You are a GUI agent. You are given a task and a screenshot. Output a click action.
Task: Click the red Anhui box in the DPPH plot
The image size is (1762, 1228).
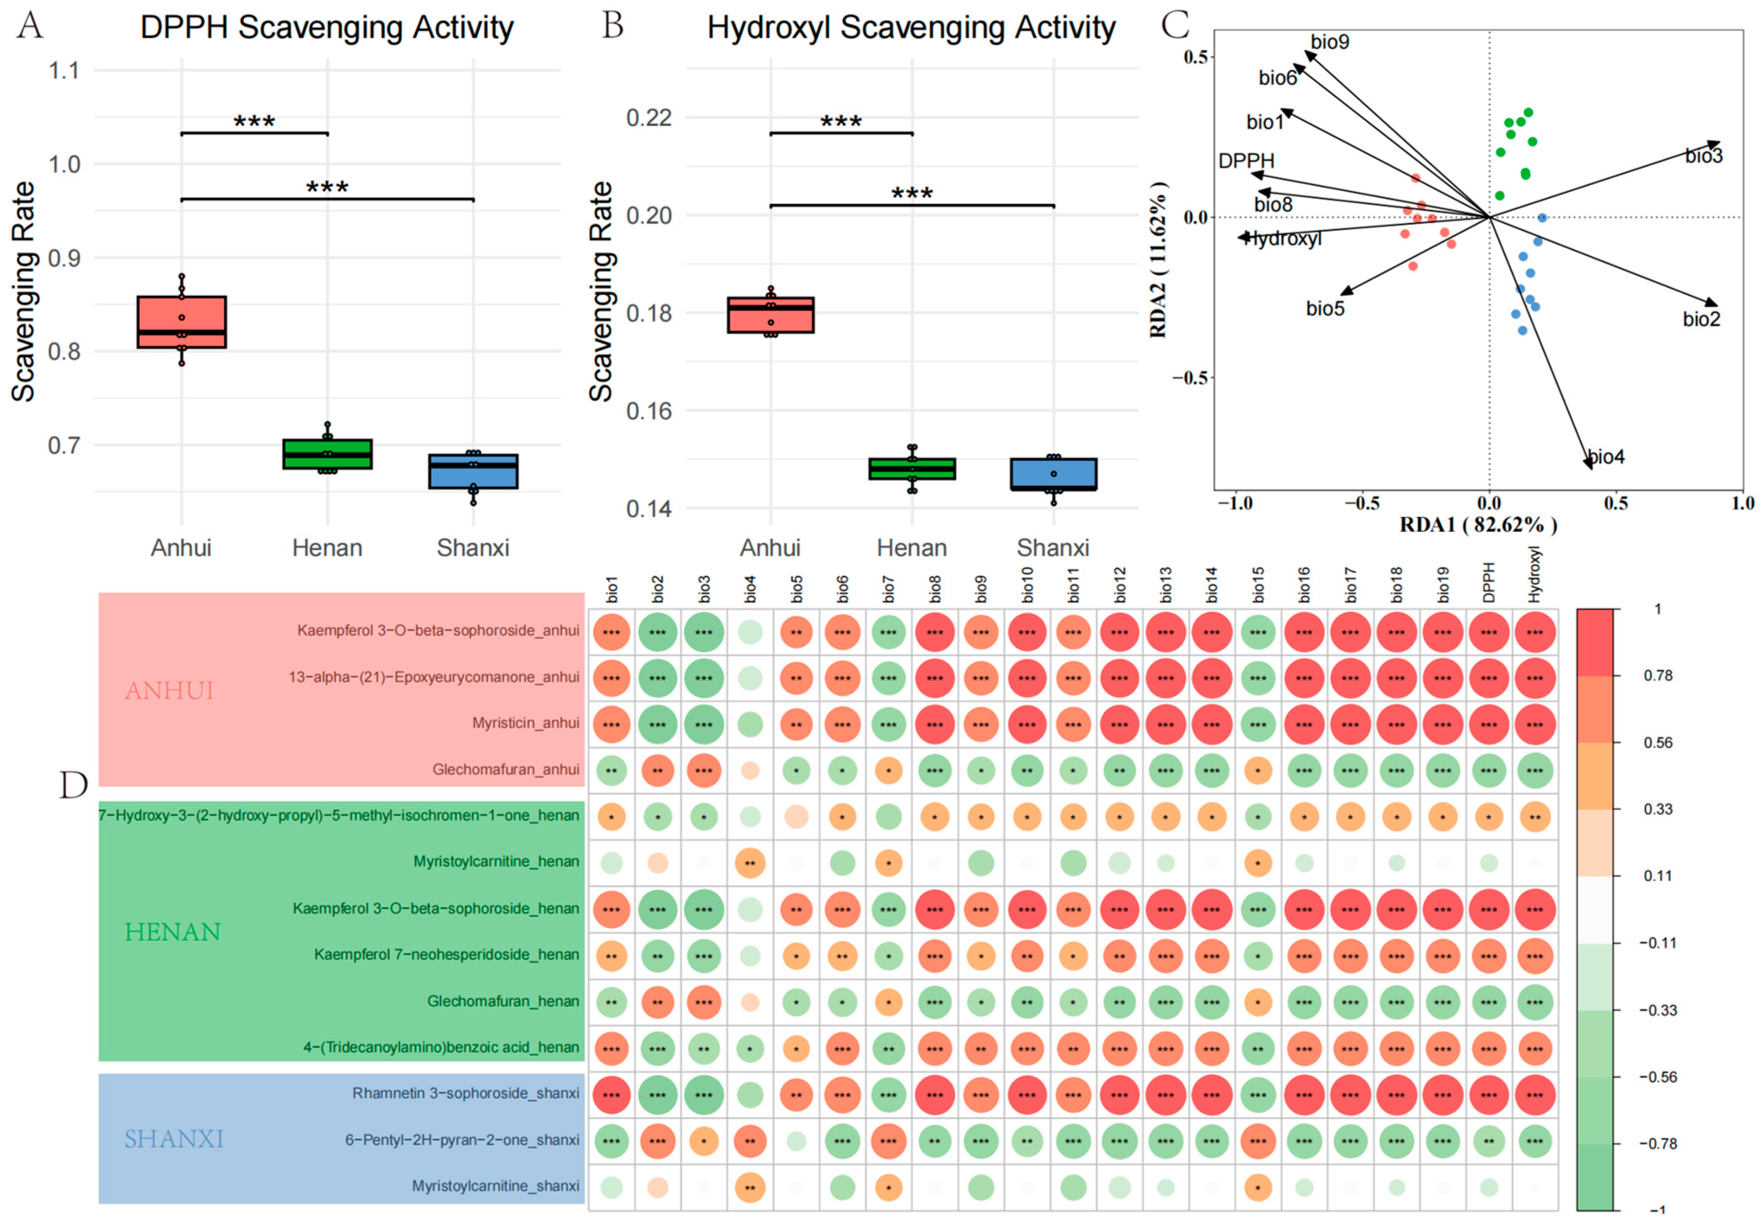click(181, 322)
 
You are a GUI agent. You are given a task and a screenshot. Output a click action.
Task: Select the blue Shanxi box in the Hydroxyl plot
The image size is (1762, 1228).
click(1053, 474)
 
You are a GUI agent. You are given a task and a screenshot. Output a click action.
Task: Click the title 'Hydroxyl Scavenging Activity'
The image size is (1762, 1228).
click(911, 28)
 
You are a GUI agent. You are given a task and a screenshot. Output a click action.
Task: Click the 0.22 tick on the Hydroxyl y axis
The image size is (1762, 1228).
click(649, 117)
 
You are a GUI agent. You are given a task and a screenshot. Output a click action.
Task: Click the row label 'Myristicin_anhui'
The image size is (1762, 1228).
click(526, 723)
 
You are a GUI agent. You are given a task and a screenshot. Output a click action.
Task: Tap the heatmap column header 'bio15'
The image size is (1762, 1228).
click(1258, 585)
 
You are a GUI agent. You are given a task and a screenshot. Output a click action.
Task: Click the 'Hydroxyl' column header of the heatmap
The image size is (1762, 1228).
click(1534, 574)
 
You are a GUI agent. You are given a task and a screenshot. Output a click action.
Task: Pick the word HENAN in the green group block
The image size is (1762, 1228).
click(173, 932)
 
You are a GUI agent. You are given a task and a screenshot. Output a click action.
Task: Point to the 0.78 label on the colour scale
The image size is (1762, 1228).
click(1658, 675)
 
